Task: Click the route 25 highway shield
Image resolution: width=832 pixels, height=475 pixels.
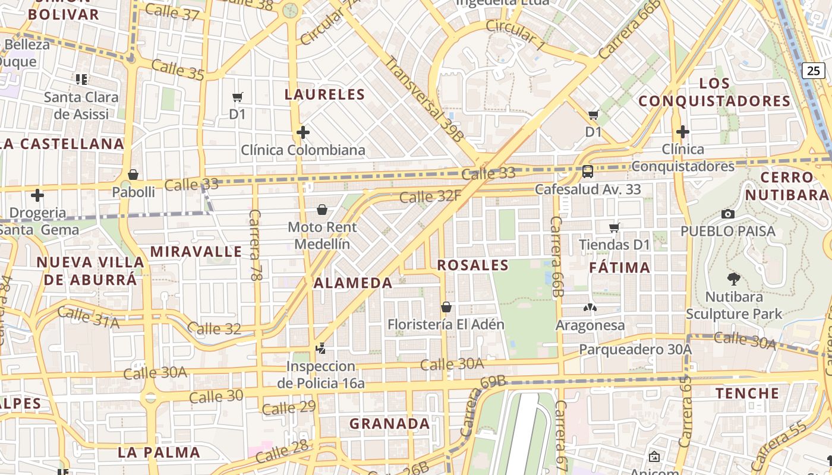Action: [813, 70]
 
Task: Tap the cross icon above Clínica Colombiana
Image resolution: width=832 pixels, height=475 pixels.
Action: [303, 132]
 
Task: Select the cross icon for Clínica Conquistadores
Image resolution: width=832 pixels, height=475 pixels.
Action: [682, 131]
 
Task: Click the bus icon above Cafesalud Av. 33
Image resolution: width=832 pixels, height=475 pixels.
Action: [587, 172]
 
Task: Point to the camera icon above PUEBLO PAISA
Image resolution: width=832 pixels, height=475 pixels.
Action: [727, 214]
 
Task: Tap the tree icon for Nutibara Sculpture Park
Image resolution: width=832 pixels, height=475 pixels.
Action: [734, 278]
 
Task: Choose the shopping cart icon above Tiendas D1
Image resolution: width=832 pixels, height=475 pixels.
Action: [614, 227]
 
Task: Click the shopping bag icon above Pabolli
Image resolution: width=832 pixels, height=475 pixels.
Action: [133, 175]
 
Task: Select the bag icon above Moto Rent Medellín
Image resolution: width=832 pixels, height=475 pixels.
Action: [322, 210]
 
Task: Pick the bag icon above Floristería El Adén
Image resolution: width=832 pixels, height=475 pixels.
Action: [446, 307]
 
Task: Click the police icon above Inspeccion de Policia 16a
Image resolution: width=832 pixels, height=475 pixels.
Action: [321, 349]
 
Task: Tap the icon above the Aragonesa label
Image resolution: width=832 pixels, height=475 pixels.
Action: [590, 308]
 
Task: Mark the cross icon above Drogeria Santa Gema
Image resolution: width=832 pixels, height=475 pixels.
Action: [37, 195]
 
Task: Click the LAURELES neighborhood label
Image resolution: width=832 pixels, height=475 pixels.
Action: [324, 94]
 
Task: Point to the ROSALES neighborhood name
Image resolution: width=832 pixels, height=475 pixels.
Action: [473, 265]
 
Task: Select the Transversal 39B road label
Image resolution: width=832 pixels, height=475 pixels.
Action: [424, 99]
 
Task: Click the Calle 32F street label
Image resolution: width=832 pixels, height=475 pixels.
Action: [430, 196]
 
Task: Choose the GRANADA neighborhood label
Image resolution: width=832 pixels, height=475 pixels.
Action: [389, 424]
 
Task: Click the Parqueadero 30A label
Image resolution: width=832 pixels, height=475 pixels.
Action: [635, 349]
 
